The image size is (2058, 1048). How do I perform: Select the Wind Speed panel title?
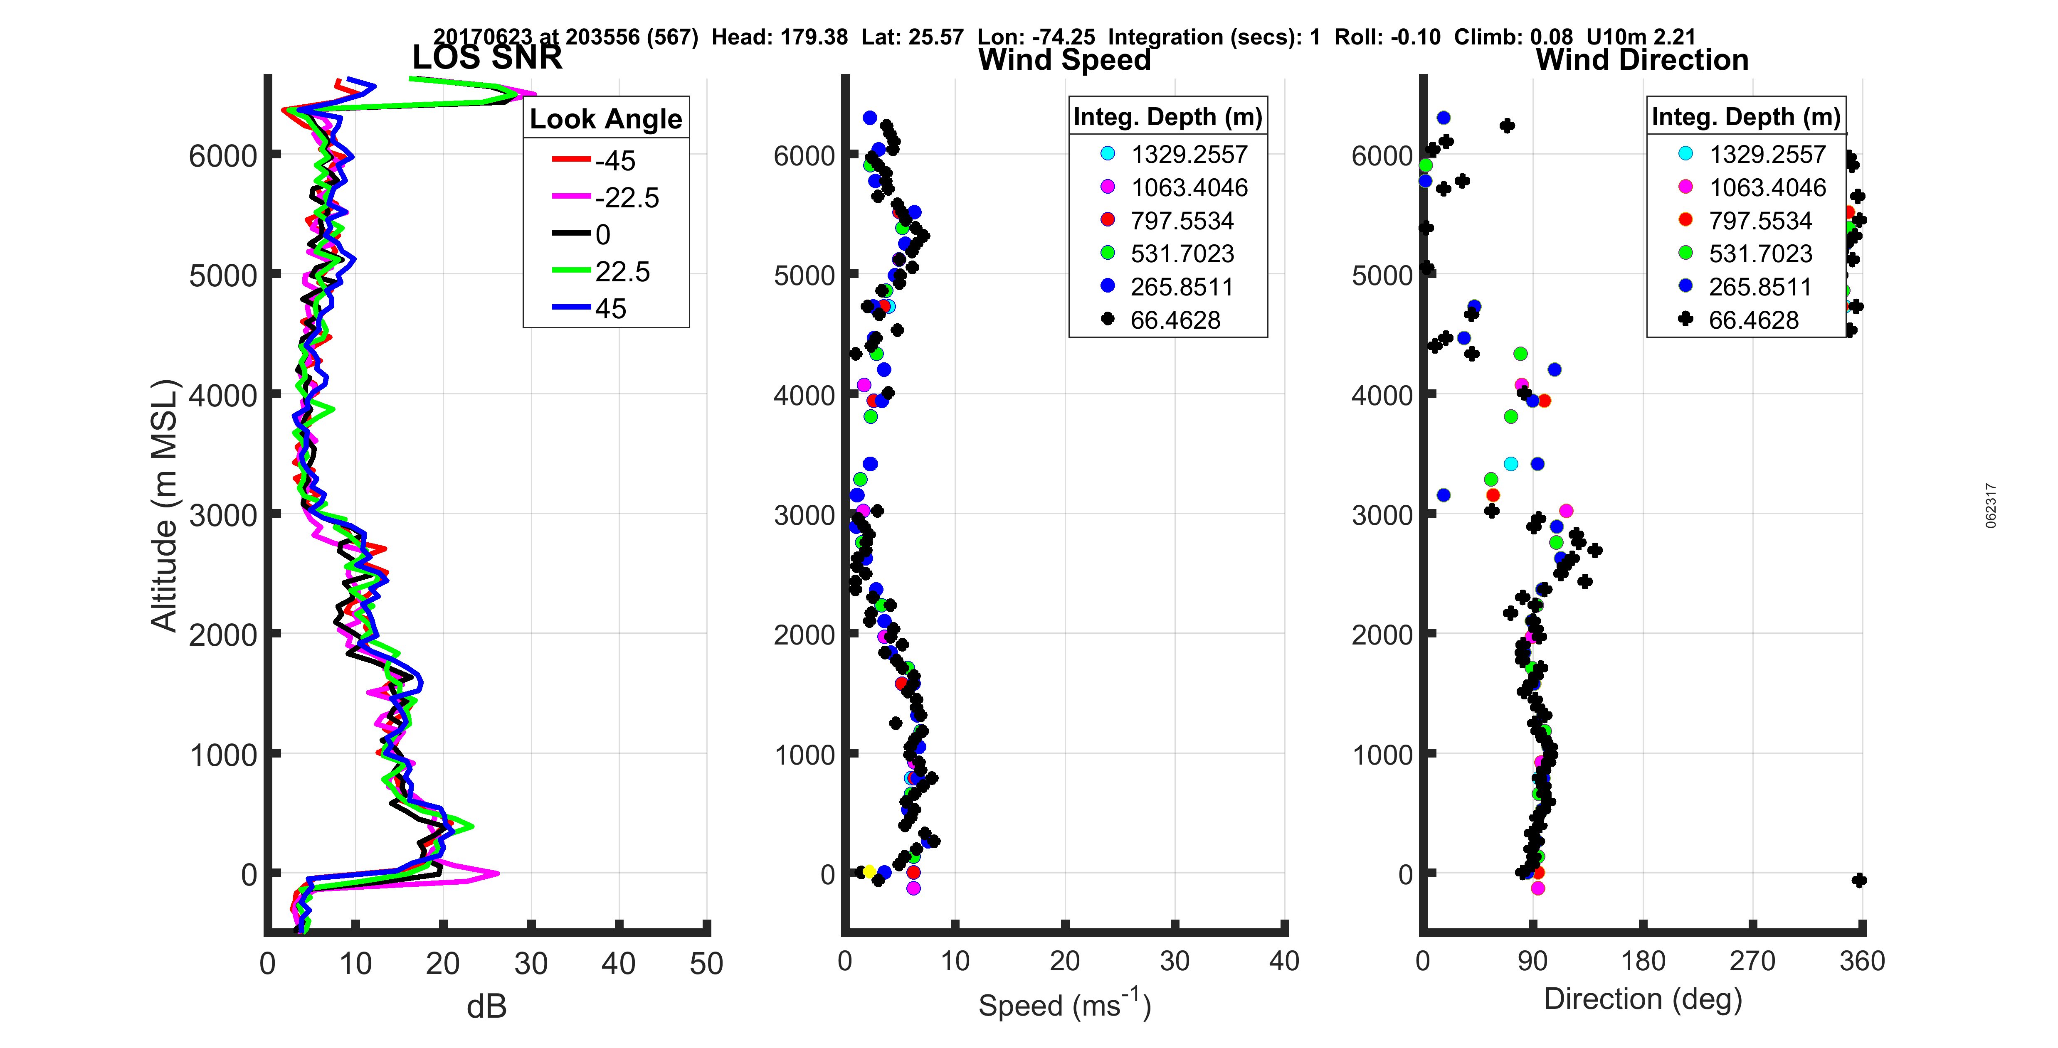1064,60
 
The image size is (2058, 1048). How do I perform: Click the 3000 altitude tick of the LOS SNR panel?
224,515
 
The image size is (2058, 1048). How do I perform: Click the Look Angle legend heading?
606,119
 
